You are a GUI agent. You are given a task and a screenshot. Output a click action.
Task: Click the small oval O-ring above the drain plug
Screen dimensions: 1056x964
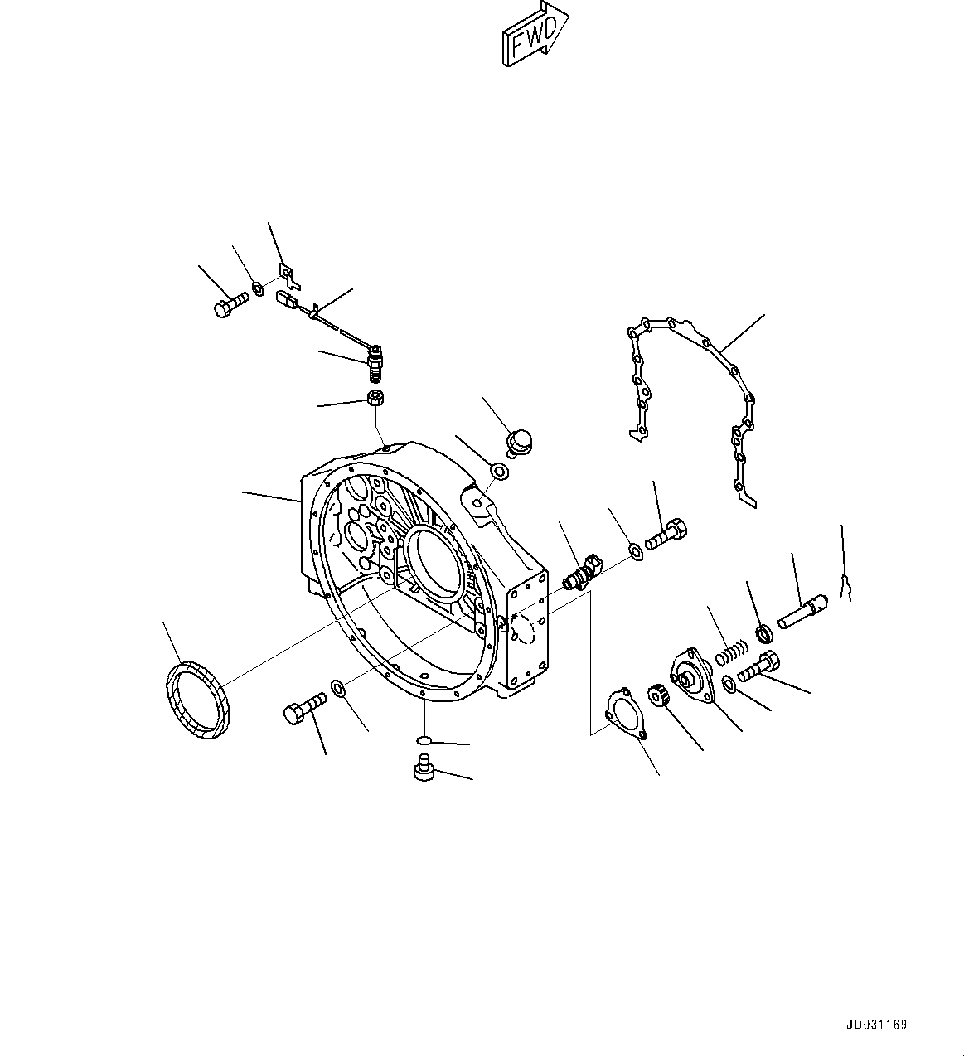[423, 739]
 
